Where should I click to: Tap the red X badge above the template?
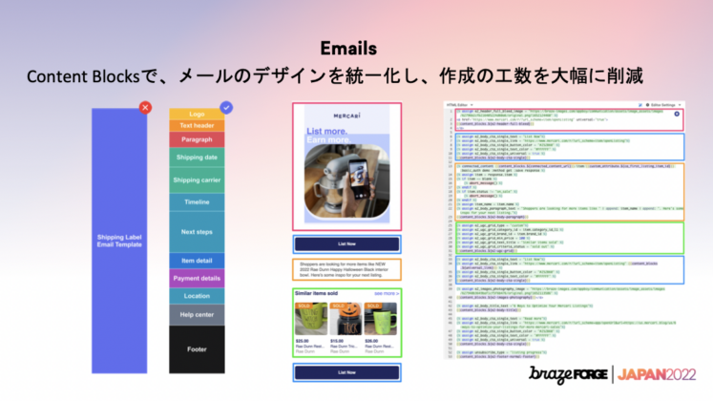(x=145, y=107)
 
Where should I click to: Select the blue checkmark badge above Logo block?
(x=226, y=108)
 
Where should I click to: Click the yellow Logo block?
(x=197, y=115)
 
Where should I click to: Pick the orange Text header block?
(x=197, y=125)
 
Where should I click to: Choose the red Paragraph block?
(x=197, y=139)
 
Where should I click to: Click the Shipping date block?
(x=197, y=158)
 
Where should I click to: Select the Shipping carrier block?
(x=197, y=179)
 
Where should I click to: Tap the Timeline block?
(x=197, y=202)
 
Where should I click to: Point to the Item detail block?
(x=197, y=261)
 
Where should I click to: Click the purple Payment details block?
(x=197, y=278)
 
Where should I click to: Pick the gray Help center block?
(x=197, y=313)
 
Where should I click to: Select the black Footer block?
(x=197, y=349)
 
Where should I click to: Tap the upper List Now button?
(x=346, y=244)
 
